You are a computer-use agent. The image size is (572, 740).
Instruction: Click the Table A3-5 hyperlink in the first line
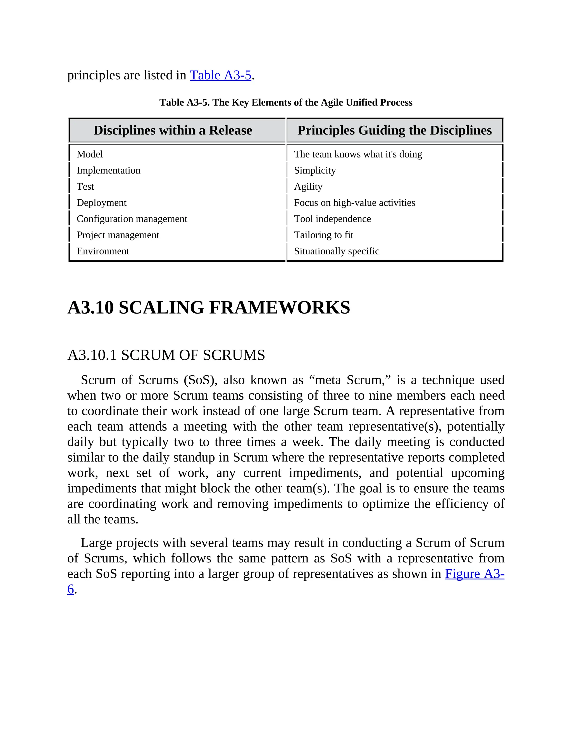pos(220,75)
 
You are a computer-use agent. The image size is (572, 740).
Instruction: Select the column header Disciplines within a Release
pos(173,130)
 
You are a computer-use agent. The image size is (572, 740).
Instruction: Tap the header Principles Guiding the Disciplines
pos(394,130)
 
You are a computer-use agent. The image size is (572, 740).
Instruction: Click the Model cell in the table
pos(90,154)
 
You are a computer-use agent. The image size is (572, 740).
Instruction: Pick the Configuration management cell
pos(132,219)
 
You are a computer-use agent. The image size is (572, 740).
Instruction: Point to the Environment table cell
pos(103,251)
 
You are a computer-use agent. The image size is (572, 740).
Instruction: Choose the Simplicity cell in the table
pos(315,170)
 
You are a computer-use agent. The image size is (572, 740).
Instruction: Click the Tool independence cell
pos(332,219)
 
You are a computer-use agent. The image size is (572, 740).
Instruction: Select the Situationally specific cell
pos(337,251)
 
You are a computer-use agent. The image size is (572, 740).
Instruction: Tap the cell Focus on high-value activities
pos(354,203)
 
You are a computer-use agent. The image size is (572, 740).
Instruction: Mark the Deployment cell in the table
pos(101,203)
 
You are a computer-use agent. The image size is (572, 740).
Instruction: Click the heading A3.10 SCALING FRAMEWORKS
pos(209,308)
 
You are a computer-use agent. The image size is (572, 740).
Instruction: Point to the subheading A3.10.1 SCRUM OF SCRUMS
pos(166,355)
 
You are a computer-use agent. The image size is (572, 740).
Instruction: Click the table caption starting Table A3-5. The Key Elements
pos(286,102)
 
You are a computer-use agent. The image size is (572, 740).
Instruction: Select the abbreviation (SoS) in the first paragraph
pos(200,380)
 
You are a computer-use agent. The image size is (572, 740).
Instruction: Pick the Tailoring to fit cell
pos(324,235)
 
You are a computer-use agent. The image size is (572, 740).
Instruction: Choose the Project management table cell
pos(118,235)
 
